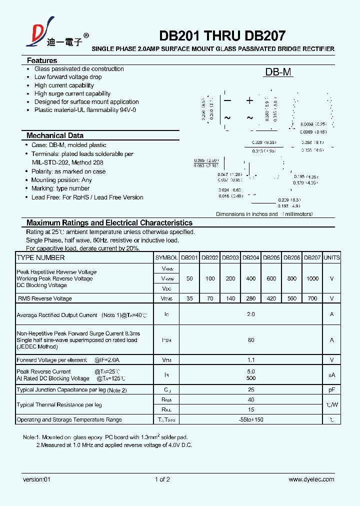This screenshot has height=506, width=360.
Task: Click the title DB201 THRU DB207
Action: click(x=222, y=36)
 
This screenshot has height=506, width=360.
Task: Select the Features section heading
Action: click(x=42, y=60)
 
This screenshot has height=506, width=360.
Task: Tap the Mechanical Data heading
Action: click(x=55, y=135)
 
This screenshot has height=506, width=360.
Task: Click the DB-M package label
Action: click(x=278, y=72)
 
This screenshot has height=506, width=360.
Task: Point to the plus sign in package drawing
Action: click(x=249, y=100)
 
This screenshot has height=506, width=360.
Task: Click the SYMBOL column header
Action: click(x=166, y=258)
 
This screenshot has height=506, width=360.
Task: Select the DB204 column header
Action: click(x=250, y=258)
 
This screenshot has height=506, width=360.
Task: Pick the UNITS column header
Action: click(x=331, y=258)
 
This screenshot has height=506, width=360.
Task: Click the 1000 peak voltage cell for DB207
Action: click(x=312, y=278)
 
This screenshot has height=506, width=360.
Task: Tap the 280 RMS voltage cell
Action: click(x=250, y=298)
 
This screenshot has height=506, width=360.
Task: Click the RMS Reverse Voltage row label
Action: click(x=45, y=298)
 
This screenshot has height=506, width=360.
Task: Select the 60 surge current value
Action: click(x=250, y=340)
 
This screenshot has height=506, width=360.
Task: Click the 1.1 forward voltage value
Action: click(x=250, y=360)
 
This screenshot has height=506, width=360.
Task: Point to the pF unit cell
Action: click(x=331, y=389)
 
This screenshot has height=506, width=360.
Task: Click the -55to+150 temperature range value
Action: click(x=250, y=419)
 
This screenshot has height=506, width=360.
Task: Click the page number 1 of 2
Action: click(x=162, y=479)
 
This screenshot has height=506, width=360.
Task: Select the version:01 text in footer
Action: click(x=37, y=479)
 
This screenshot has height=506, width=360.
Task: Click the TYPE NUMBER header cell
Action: click(x=41, y=258)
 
